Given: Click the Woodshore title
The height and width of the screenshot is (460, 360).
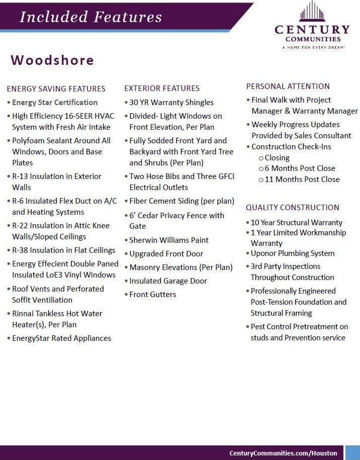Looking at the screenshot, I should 52,60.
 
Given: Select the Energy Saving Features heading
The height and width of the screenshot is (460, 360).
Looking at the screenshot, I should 56,89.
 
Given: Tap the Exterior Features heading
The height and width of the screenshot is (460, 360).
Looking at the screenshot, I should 162,88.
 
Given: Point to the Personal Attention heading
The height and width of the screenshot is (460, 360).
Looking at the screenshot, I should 288,86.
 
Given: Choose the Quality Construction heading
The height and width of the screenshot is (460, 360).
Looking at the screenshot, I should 292,208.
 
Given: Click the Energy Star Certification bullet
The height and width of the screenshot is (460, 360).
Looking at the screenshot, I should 55,103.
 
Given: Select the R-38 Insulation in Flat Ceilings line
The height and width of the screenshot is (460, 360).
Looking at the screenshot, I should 64,250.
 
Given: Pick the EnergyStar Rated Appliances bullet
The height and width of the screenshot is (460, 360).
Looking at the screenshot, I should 61,338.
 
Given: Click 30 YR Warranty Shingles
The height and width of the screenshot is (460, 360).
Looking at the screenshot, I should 171,103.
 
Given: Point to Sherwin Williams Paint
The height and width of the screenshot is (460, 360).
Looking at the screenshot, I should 169,240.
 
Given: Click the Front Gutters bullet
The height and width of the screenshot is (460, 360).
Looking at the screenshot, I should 153,295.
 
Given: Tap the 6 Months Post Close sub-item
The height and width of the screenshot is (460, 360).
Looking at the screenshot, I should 300,168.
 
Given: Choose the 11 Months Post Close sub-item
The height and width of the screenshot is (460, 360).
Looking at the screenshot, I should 302,179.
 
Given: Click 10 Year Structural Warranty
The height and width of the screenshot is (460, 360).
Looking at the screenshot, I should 297,223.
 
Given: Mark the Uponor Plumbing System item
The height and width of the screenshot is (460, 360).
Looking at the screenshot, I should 293,253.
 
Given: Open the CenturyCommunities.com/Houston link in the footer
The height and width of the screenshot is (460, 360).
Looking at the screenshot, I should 283,453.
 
